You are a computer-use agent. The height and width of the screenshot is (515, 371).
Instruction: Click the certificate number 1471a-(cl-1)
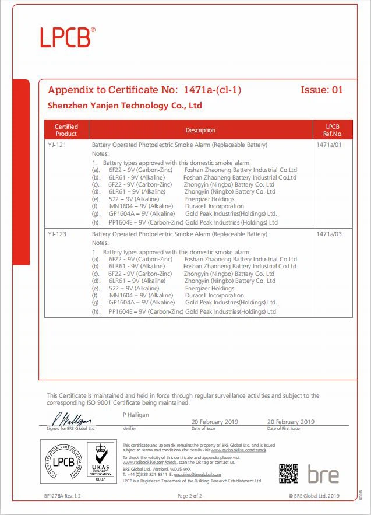click(x=212, y=90)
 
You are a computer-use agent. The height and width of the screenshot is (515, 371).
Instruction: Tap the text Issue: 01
click(x=321, y=90)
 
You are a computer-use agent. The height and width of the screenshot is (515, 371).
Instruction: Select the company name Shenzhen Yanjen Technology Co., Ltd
click(x=124, y=106)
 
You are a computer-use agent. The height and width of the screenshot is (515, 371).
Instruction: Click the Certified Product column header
click(x=66, y=129)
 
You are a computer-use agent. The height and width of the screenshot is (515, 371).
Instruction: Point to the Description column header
click(x=200, y=130)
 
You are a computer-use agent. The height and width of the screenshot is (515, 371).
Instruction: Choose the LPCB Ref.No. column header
click(x=333, y=129)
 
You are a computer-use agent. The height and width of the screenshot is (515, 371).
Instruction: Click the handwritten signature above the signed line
click(x=72, y=419)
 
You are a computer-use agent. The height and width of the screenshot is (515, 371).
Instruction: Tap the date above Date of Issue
click(x=215, y=422)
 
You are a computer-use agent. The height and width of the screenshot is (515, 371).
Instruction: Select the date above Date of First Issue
click(x=291, y=422)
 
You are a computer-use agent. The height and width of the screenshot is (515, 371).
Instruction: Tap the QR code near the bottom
click(x=288, y=473)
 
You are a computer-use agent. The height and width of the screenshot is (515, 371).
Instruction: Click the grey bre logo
click(x=323, y=474)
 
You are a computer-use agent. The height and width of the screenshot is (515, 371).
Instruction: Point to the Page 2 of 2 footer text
click(x=189, y=496)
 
